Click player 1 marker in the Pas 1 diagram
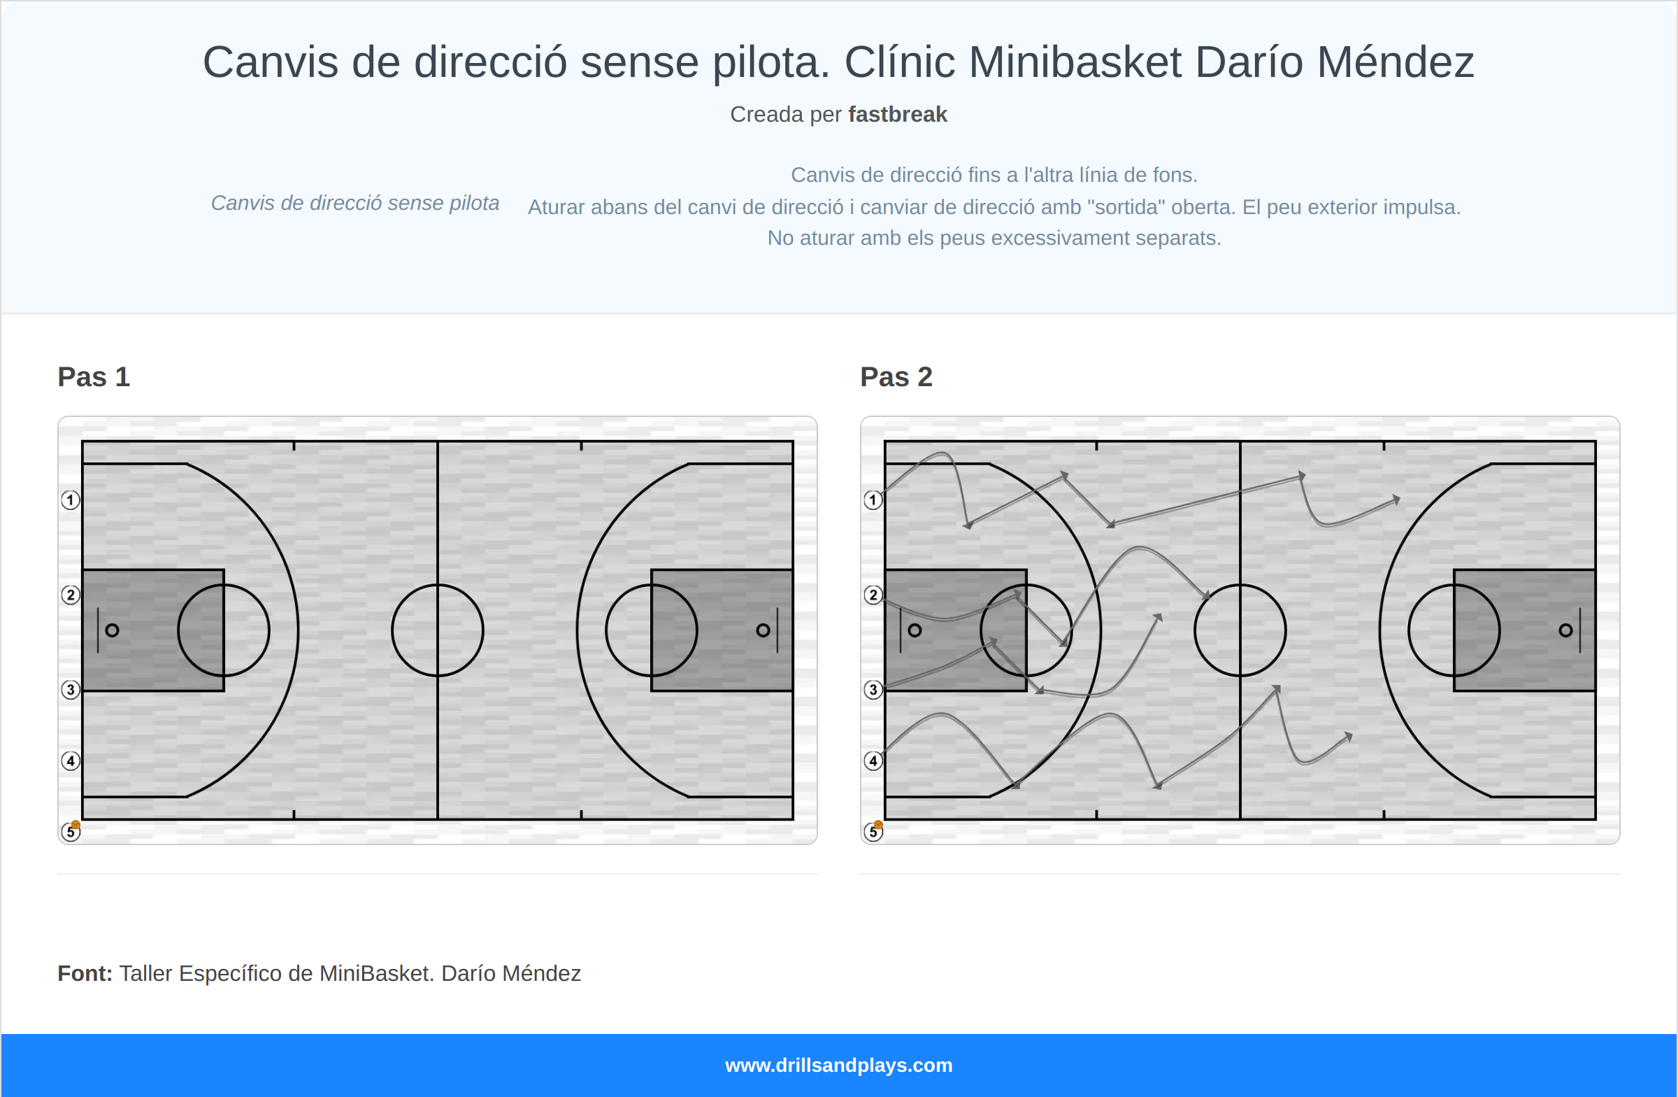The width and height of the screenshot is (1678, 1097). click(70, 500)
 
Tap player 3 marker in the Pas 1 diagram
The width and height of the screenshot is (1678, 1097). click(70, 689)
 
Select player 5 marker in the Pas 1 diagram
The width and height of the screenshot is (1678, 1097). click(70, 832)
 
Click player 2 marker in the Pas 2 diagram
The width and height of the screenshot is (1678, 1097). click(873, 595)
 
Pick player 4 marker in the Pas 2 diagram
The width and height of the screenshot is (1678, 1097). click(873, 760)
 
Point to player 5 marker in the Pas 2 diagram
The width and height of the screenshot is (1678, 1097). click(873, 832)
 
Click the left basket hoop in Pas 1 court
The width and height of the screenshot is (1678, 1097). click(112, 630)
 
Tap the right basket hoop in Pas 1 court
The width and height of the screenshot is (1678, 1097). click(763, 630)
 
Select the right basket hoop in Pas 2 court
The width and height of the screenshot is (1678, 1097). click(1565, 630)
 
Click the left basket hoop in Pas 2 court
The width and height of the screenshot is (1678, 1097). click(915, 630)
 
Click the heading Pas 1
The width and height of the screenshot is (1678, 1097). click(94, 376)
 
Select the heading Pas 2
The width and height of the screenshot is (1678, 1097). click(896, 376)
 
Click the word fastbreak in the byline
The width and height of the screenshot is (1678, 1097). click(897, 114)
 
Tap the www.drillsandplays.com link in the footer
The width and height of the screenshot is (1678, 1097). click(838, 1066)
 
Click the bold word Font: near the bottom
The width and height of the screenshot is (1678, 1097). click(85, 974)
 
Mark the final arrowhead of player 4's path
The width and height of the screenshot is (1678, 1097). click(1348, 737)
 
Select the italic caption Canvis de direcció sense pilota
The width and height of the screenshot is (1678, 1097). click(354, 203)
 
